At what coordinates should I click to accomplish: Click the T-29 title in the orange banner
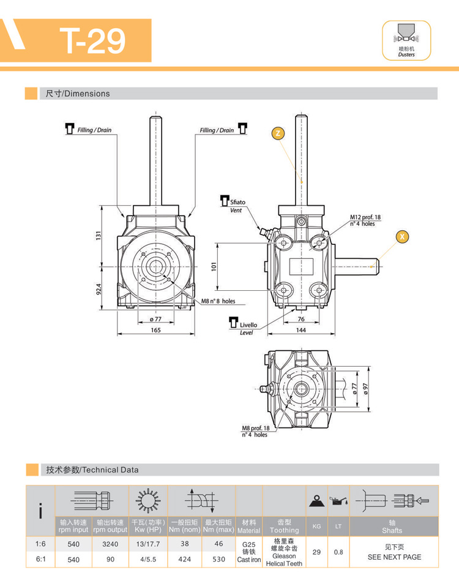[93, 40]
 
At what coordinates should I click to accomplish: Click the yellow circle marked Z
[278, 133]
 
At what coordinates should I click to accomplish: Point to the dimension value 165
[155, 330]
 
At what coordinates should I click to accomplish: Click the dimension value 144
[300, 330]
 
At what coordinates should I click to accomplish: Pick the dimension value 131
[98, 236]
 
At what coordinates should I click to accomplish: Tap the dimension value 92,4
[98, 287]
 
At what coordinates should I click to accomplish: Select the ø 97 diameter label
[365, 389]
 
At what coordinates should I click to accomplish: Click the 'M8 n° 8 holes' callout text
[218, 301]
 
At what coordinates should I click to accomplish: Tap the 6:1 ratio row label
[40, 559]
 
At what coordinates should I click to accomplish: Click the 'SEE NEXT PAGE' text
[394, 557]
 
